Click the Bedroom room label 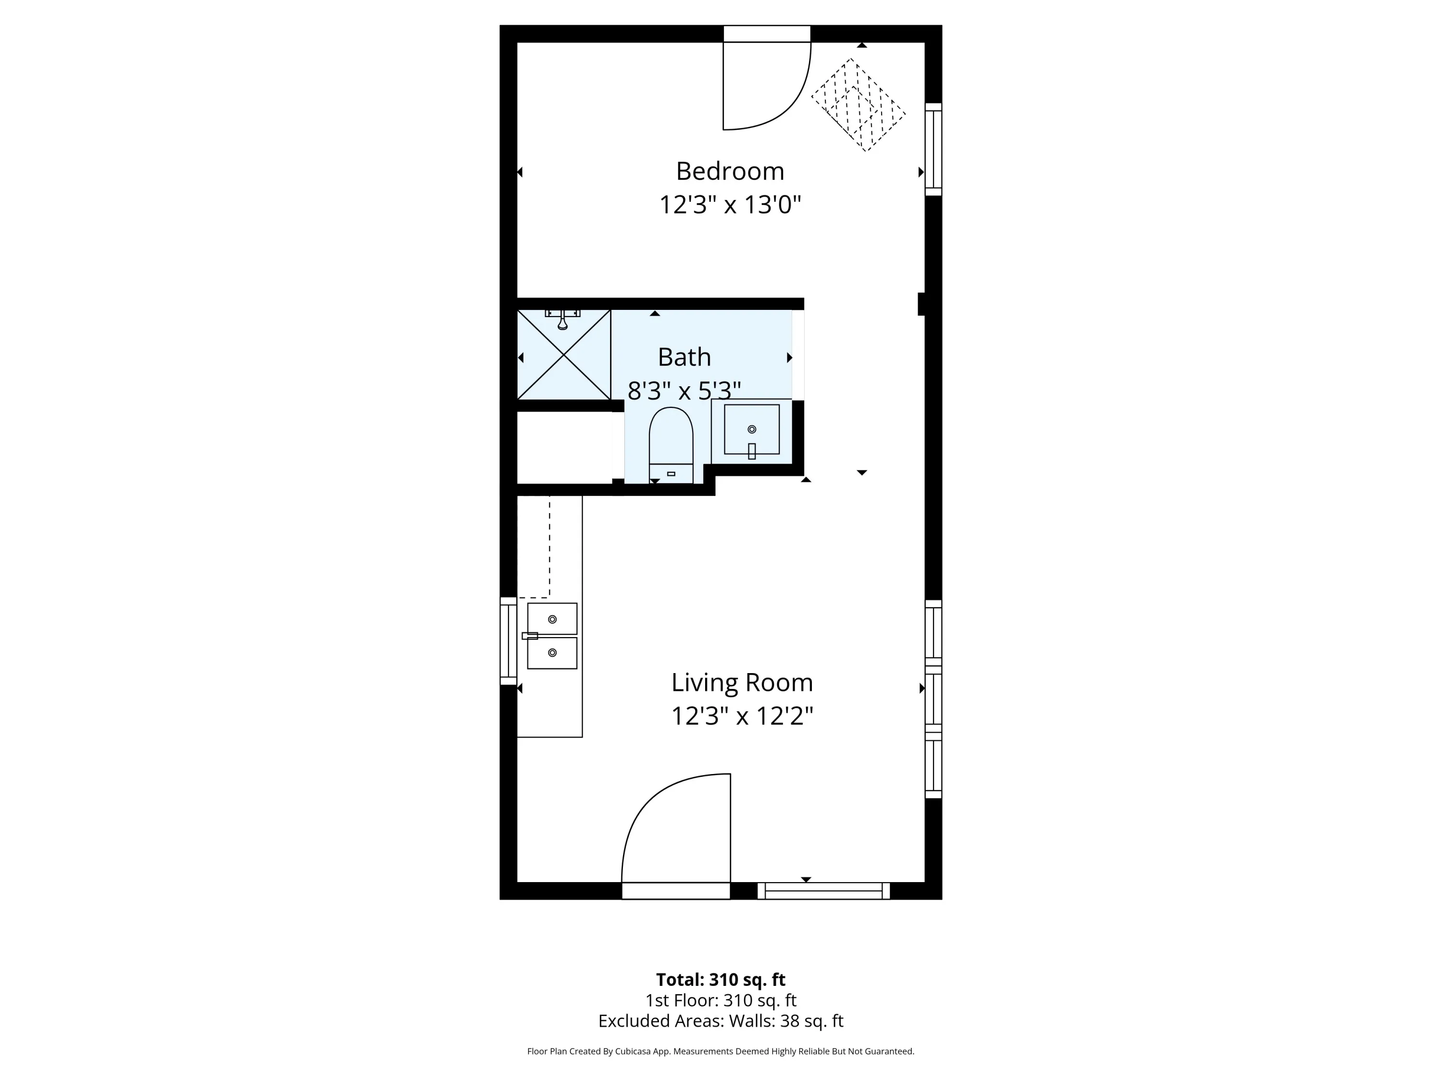tap(730, 172)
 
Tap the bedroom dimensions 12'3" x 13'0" tap(730, 205)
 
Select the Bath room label tap(684, 357)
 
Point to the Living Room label tap(742, 683)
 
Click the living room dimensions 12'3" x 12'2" tap(742, 716)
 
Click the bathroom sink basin tap(752, 430)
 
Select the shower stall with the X tap(564, 355)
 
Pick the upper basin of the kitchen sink tap(552, 619)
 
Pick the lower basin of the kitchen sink tap(552, 653)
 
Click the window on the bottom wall tap(823, 891)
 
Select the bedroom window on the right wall tap(933, 149)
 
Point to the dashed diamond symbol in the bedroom tap(858, 105)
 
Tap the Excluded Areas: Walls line tap(721, 1021)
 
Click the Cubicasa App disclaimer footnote tap(721, 1051)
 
